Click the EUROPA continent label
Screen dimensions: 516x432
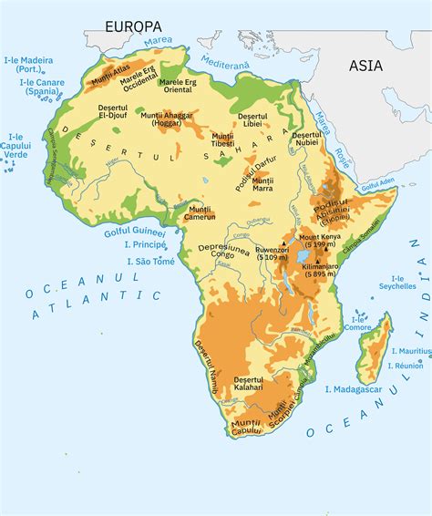tap(133, 26)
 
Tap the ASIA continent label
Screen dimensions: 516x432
tap(366, 66)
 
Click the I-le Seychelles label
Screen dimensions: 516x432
tap(397, 282)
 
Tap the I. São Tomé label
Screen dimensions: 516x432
tap(150, 261)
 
